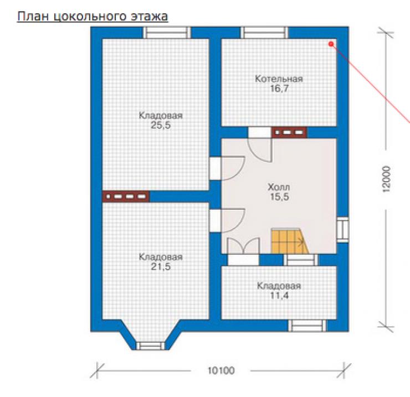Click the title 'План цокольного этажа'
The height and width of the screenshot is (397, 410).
[x=93, y=16]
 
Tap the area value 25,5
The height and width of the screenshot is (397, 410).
[x=161, y=126]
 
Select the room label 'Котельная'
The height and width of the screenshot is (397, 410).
[x=279, y=79]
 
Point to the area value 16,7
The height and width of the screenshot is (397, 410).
[x=279, y=89]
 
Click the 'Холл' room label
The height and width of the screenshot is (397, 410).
[x=279, y=187]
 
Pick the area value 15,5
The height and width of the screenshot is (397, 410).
[x=279, y=197]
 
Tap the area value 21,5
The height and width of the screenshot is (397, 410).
[x=161, y=267]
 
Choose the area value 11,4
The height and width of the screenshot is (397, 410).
[x=279, y=296]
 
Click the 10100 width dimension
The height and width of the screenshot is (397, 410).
[x=221, y=370]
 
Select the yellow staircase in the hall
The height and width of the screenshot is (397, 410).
[x=290, y=241]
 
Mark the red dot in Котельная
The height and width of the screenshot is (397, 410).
[x=331, y=44]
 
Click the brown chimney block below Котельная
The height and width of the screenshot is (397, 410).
[x=289, y=132]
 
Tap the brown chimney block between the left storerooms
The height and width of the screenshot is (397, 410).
[x=126, y=196]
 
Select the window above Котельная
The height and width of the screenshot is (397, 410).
[x=264, y=33]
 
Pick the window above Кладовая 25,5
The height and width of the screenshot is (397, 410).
[x=167, y=33]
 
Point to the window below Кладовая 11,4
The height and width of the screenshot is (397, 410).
[x=307, y=326]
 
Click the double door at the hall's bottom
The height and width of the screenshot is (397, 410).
[x=243, y=246]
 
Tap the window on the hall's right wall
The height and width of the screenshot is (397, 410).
[x=342, y=230]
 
